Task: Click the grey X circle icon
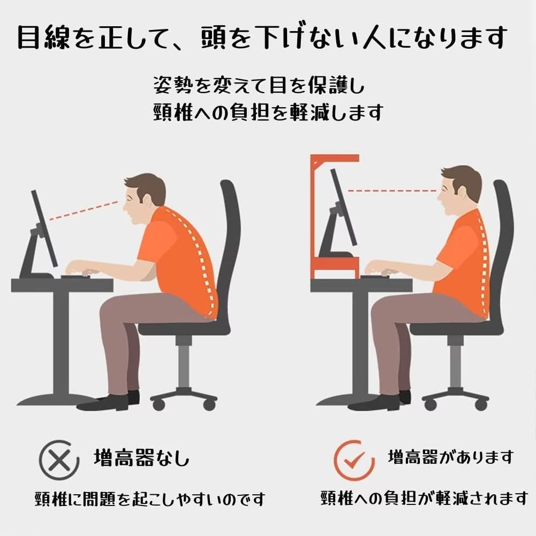coord(55,458)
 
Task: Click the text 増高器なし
coord(141,458)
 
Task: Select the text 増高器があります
coord(450,457)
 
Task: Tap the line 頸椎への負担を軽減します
coord(267,112)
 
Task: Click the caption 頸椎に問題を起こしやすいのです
coord(150,500)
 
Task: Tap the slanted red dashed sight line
coord(83,210)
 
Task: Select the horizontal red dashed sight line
coord(391,190)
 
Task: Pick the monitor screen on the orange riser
coord(343,206)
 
